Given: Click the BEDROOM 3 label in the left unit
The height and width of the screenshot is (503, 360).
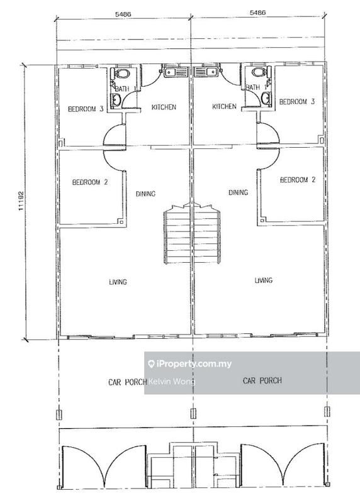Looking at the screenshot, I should pos(85,109).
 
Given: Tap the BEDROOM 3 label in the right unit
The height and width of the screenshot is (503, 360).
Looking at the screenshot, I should pos(296,102).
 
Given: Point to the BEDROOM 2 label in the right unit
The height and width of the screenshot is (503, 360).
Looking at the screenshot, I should pos(296,180).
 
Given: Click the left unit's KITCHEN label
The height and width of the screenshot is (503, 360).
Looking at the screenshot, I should pos(164,108).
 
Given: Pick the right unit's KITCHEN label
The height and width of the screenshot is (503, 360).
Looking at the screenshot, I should pos(224,107).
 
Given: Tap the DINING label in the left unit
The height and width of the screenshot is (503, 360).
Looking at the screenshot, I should pos(145,194).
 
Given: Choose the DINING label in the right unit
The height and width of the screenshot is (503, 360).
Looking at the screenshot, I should pos(238,192).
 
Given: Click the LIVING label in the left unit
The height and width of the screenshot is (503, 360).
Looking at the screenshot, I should pos(118,282).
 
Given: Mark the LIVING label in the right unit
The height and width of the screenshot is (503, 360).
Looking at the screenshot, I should pos(263,280).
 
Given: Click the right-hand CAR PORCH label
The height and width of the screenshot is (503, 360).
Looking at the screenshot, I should pos(262,380).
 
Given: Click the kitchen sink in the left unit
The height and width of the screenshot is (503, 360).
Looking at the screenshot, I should pos(172,74).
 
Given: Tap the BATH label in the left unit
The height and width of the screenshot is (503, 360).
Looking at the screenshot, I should pos(122,89).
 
